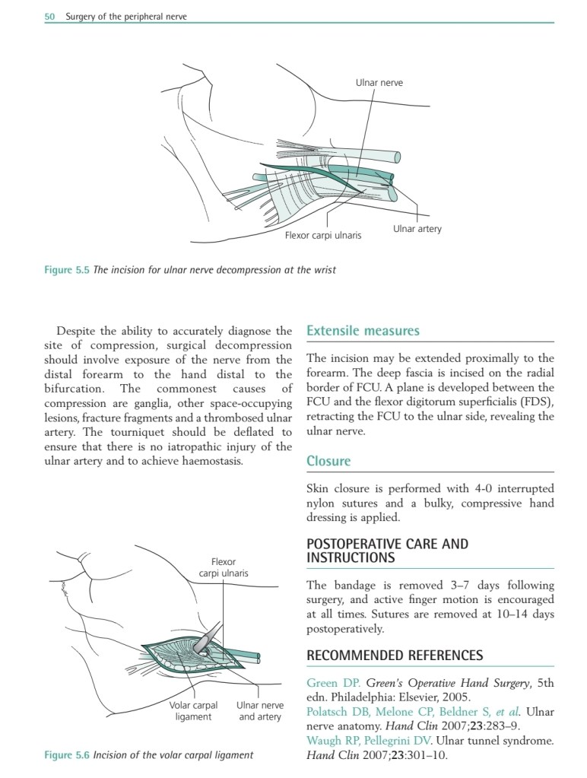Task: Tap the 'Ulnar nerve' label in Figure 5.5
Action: (x=379, y=82)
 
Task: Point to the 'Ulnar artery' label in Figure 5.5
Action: (x=417, y=228)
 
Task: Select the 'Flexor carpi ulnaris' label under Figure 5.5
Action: (x=322, y=235)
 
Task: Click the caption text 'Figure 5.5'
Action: (x=67, y=269)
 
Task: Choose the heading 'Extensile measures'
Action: (x=362, y=331)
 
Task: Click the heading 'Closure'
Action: (x=328, y=461)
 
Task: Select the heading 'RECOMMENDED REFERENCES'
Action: (x=394, y=655)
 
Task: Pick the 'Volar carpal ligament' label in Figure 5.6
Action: (x=193, y=710)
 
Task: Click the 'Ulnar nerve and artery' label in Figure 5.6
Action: (x=259, y=710)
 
